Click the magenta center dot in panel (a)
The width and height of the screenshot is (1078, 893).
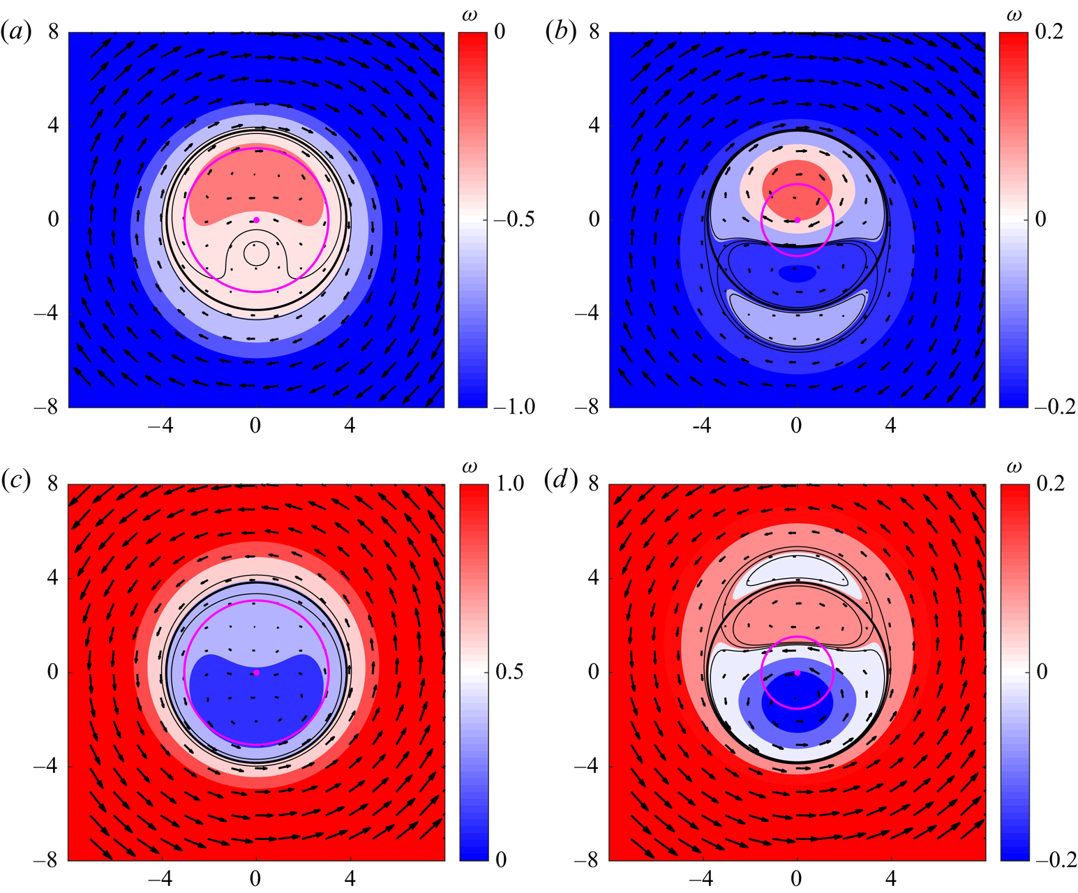pyautogui.click(x=257, y=220)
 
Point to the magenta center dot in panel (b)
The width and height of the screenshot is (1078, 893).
pyautogui.click(x=798, y=220)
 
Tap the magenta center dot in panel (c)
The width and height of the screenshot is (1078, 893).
pyautogui.click(x=257, y=673)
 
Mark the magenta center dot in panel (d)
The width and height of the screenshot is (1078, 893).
pyautogui.click(x=798, y=673)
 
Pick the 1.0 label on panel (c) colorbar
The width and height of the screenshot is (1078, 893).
pyautogui.click(x=508, y=484)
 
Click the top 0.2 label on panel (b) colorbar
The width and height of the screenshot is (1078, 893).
pyautogui.click(x=1049, y=32)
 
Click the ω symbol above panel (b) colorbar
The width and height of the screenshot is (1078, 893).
pyautogui.click(x=1013, y=15)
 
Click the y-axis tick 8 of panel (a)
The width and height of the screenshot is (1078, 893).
pyautogui.click(x=52, y=32)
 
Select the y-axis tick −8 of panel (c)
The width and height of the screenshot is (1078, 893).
pyautogui.click(x=46, y=860)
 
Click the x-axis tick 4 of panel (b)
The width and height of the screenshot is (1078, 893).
pyautogui.click(x=891, y=425)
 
